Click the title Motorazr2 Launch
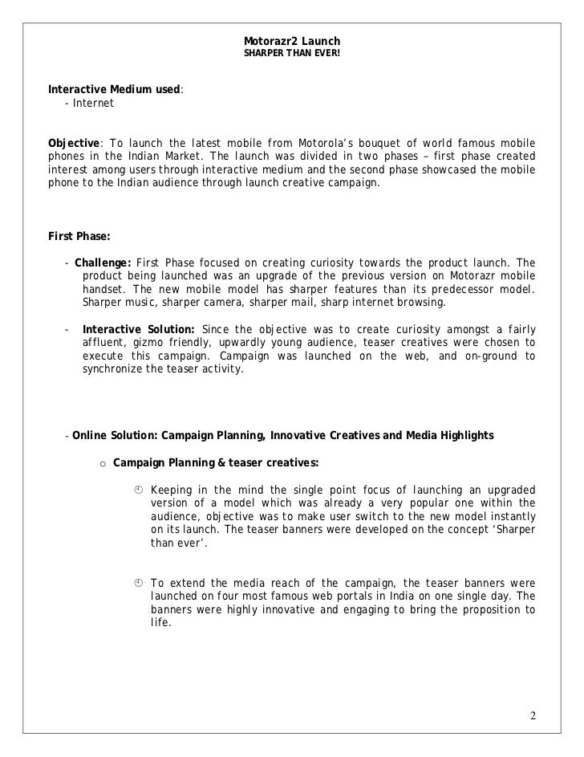(x=292, y=41)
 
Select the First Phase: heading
(x=79, y=237)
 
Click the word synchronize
(x=116, y=369)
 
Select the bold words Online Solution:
(x=115, y=436)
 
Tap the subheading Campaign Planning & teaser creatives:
(x=216, y=462)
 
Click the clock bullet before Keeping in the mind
(x=138, y=490)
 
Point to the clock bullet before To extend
(x=138, y=583)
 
